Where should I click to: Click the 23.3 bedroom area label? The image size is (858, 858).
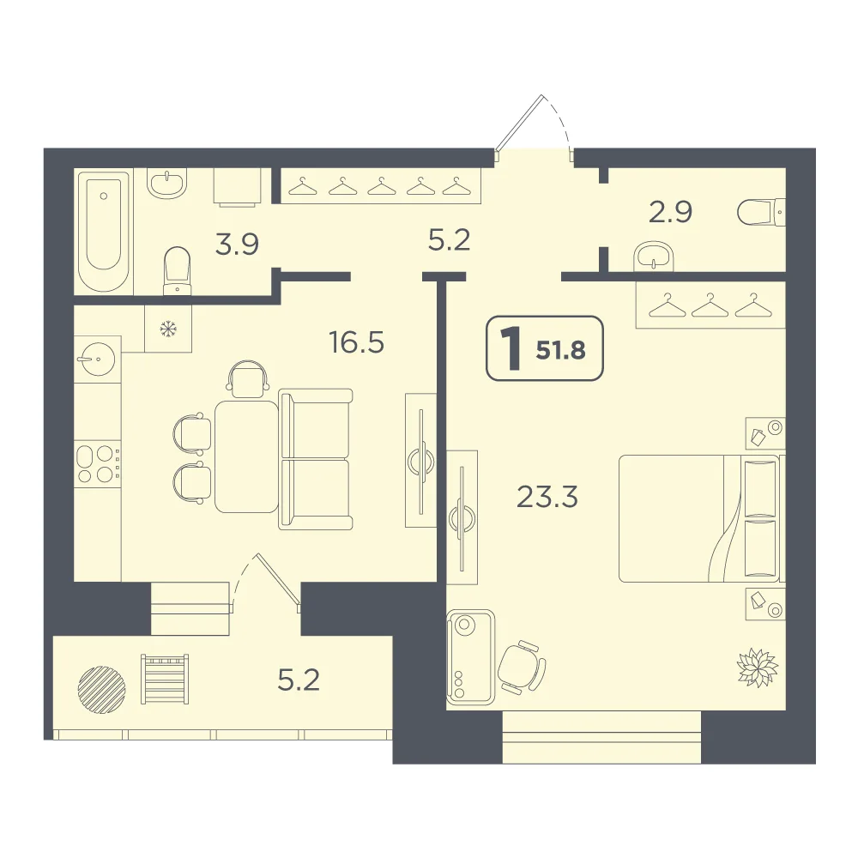click(547, 498)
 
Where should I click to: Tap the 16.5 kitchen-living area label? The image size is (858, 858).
click(357, 342)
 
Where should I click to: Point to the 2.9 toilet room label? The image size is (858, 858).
click(670, 212)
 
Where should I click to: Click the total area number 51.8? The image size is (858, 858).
click(561, 350)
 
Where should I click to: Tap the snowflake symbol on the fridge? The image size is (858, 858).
click(168, 329)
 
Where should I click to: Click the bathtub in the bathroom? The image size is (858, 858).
click(104, 232)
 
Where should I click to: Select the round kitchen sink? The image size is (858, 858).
click(98, 359)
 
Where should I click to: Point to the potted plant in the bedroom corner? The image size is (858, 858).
click(758, 668)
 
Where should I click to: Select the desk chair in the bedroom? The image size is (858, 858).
click(522, 667)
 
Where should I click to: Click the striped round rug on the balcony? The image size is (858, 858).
click(102, 690)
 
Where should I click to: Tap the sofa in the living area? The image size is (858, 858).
click(315, 459)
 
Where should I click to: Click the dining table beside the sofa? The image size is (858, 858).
click(247, 457)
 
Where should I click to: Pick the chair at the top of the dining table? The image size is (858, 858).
click(247, 378)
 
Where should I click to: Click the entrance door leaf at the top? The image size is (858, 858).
click(519, 123)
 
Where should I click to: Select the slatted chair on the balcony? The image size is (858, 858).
click(165, 679)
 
